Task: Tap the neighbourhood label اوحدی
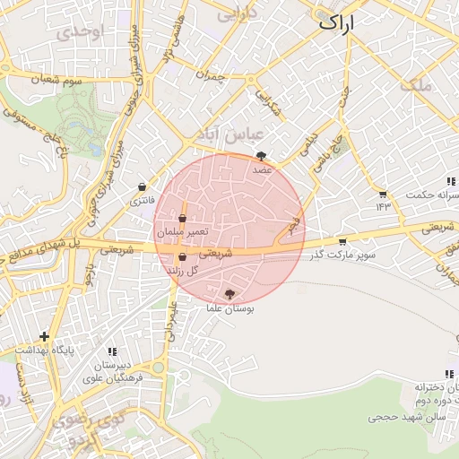point(80,33)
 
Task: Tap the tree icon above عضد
point(261,156)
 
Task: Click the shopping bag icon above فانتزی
point(142,187)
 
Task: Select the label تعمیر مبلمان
point(183,232)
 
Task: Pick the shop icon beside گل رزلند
point(183,257)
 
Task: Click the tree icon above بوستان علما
point(230,294)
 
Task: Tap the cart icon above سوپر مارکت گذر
point(342,241)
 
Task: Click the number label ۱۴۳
point(385,207)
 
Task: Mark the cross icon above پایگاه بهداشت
point(44,336)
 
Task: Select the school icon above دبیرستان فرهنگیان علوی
point(112,352)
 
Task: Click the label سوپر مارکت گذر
point(341,257)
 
